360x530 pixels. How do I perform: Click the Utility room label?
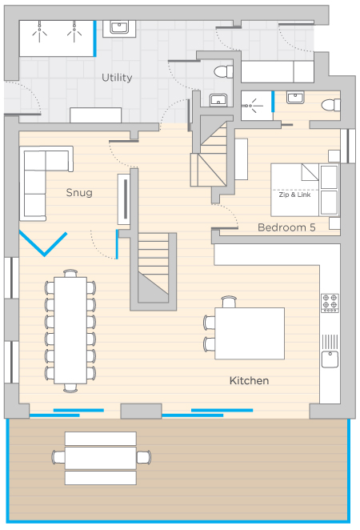117,78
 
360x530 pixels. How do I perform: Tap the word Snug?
79,193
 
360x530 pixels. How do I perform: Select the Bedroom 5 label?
286,227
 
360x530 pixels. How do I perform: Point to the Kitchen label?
250,380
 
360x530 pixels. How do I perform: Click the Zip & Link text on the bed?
294,195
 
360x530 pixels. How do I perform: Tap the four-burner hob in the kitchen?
330,303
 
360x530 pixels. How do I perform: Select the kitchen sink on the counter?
330,359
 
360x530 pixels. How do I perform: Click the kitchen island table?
250,333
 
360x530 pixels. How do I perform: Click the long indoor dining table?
70,330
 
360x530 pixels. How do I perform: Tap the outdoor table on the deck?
101,458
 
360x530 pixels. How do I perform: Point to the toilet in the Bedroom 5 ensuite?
330,105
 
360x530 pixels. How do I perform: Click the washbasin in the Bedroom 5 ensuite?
295,98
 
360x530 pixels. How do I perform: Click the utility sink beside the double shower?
119,28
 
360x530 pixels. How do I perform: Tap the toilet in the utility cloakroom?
223,72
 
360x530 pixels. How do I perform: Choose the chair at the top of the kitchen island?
229,302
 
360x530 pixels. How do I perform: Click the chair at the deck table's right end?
143,457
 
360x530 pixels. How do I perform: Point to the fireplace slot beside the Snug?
126,199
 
